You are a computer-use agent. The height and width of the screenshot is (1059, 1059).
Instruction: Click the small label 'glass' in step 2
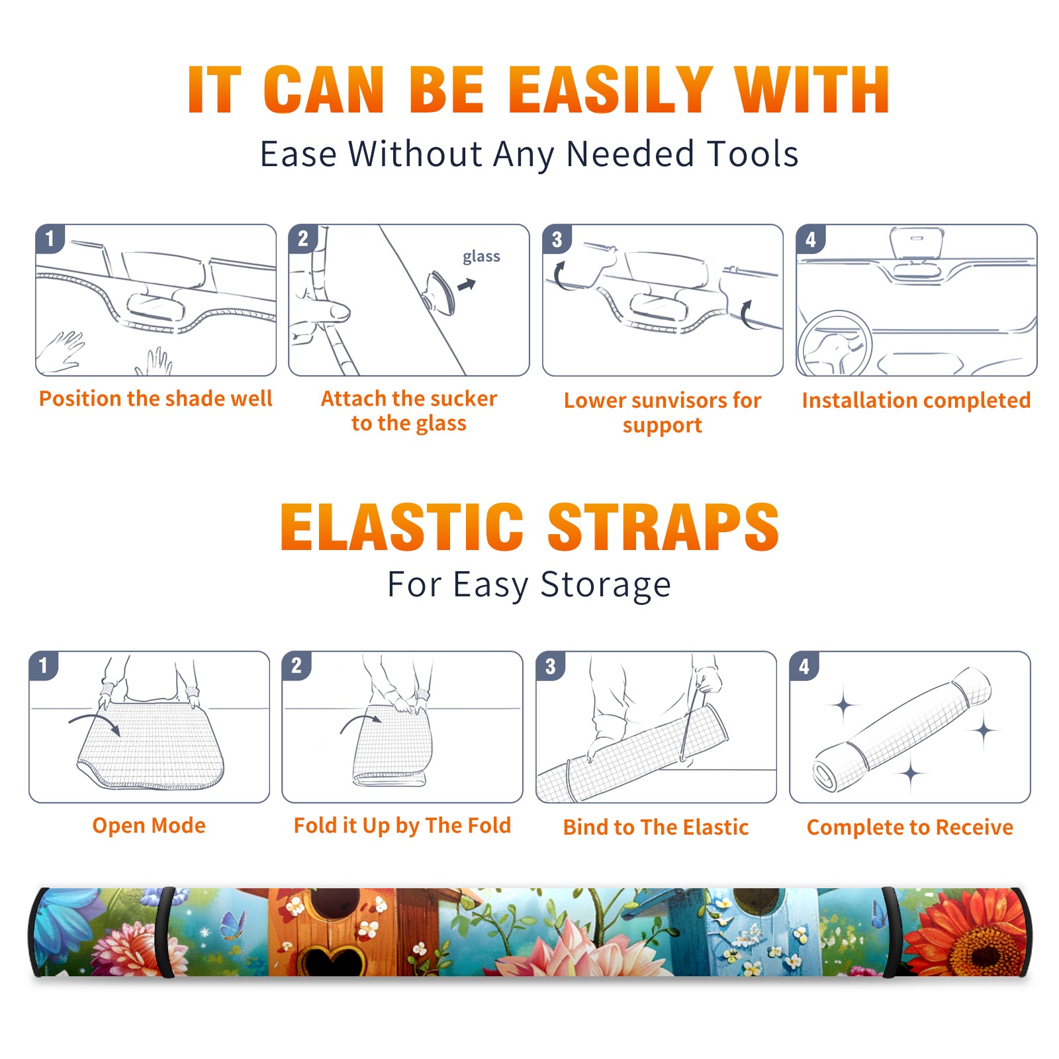481,257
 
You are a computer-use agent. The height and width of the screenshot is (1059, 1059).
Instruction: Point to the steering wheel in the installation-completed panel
833,343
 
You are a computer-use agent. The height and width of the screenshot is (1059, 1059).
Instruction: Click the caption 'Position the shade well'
156,398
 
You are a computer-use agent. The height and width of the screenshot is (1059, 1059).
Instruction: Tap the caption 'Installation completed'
916,400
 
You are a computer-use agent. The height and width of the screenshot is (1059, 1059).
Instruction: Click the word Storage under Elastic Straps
606,585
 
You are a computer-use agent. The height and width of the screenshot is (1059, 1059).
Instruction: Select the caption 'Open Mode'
149,825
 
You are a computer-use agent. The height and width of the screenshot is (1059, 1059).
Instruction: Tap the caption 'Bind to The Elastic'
655,827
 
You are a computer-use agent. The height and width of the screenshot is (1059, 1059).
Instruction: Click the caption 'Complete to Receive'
910,827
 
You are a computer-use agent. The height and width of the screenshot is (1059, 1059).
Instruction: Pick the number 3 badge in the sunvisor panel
557,239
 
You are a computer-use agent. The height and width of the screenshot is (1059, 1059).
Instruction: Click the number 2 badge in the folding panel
296,665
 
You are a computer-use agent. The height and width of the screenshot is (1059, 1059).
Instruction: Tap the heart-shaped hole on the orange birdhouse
330,960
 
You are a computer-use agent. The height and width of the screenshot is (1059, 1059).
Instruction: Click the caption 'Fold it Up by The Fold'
402,825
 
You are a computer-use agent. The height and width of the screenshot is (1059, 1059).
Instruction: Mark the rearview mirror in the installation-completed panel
916,243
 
